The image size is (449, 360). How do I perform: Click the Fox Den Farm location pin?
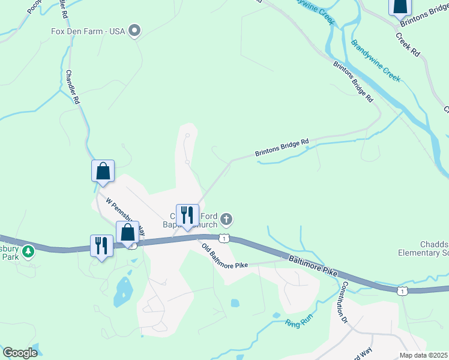tap(135, 30)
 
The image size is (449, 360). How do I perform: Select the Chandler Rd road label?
tap(73, 88)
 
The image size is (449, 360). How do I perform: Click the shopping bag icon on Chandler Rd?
tap(103, 171)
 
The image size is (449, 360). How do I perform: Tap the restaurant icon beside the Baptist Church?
tap(187, 215)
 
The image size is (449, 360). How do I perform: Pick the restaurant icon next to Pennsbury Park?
tap(101, 245)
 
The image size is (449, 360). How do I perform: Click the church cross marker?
tap(226, 218)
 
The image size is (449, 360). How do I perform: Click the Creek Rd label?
tap(408, 44)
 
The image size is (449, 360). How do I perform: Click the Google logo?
tap(20, 353)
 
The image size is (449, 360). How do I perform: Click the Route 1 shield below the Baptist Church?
tap(223, 238)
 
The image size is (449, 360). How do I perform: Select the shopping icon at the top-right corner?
tap(400, 6)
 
